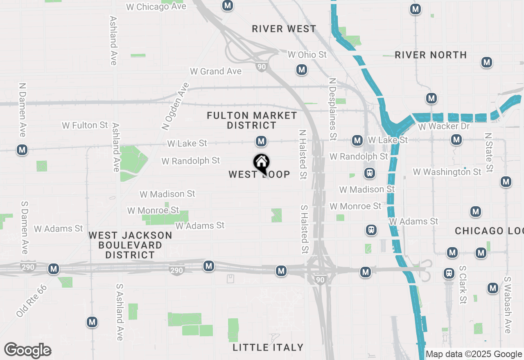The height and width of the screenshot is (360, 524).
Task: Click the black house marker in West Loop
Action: point(261,162)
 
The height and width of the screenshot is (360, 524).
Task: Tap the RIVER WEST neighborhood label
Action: point(284,29)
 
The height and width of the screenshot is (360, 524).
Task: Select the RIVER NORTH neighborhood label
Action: point(431,55)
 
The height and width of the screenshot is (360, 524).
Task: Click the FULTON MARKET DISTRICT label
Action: point(252,120)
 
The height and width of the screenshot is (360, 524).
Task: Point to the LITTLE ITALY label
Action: point(268,347)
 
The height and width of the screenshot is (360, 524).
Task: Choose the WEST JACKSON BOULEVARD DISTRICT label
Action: point(131,245)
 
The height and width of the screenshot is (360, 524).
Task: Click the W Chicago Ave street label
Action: point(156,7)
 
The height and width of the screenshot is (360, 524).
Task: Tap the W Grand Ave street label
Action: point(216,71)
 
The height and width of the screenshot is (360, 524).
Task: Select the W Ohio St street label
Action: point(307,54)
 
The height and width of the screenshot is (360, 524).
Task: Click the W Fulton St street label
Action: point(85,125)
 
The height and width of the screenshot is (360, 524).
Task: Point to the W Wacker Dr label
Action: point(444,126)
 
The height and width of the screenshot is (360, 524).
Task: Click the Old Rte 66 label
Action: point(32,301)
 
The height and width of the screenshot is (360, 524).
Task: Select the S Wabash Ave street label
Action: point(508,305)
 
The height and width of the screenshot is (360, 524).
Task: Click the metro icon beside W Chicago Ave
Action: point(228,6)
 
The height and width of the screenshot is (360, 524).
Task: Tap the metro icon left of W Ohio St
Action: point(302,70)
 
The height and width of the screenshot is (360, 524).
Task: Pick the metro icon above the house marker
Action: point(261,142)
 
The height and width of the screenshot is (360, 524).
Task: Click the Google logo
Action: point(28,350)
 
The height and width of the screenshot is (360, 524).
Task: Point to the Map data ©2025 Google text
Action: point(474,354)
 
